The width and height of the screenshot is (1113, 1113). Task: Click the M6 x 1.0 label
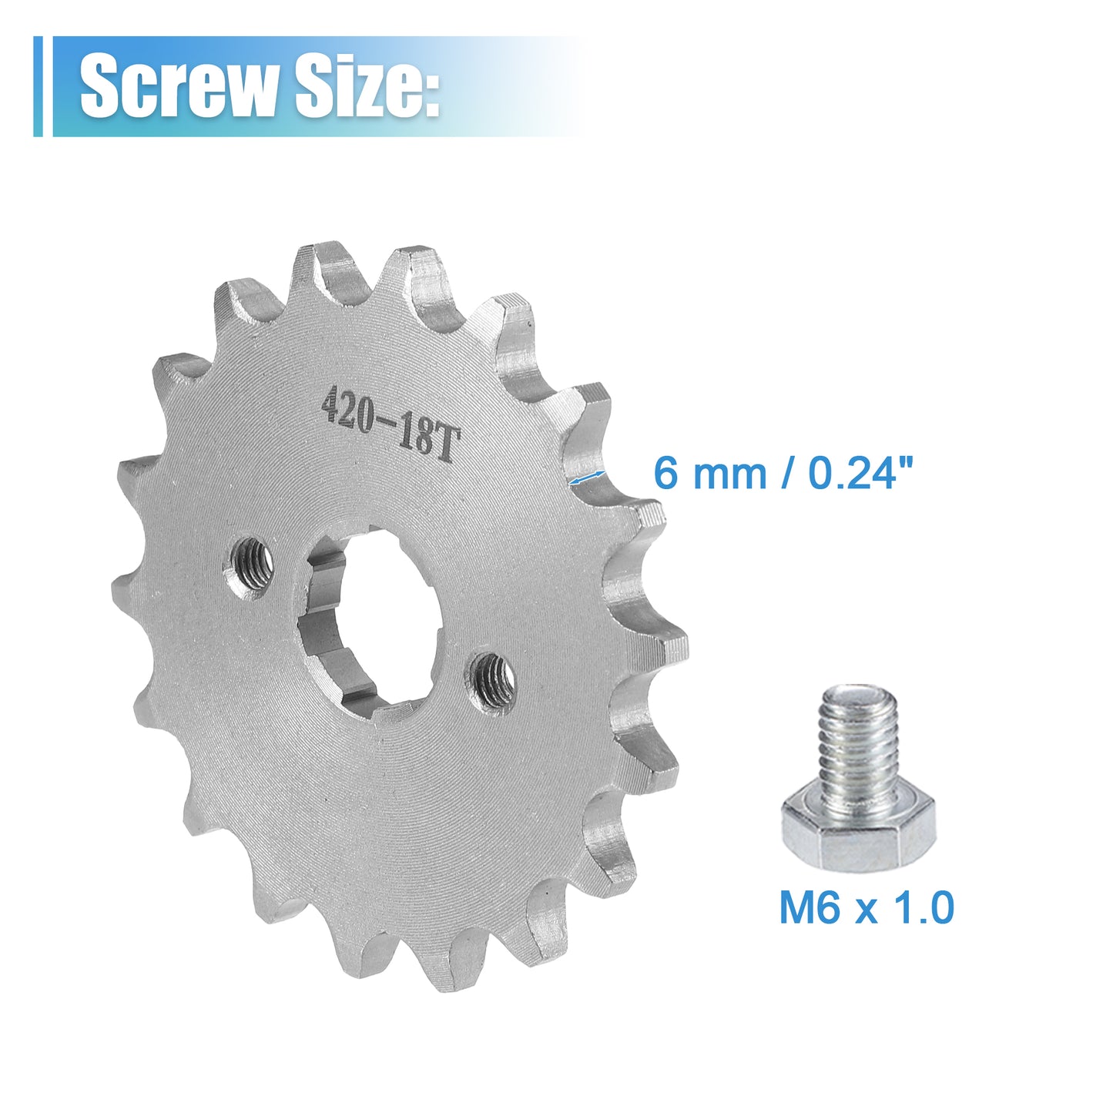point(867,907)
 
